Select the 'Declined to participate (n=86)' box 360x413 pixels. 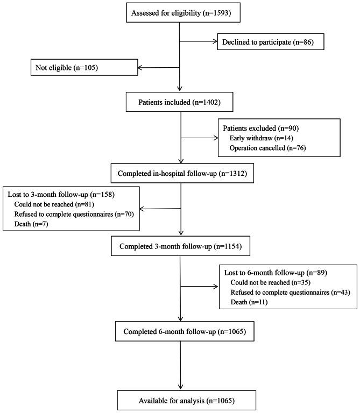(270, 41)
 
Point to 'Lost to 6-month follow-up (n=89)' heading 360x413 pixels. (273, 273)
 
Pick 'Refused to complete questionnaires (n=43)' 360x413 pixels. (285, 292)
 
